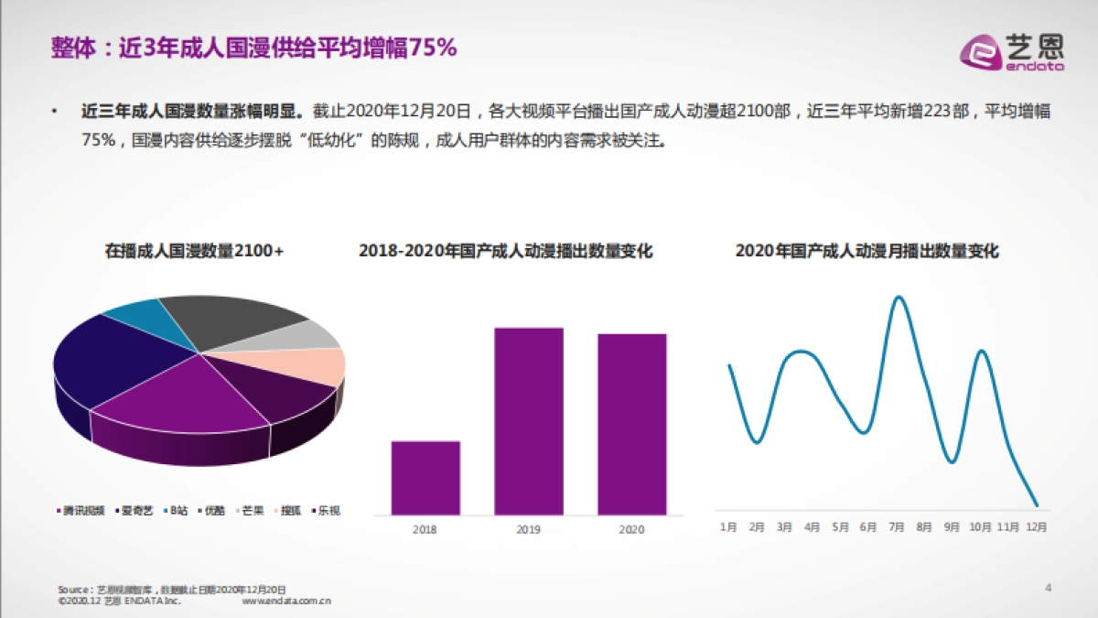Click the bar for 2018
point(425,478)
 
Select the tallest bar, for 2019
point(529,421)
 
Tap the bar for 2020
point(632,424)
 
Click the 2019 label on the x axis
point(529,529)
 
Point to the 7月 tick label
point(896,527)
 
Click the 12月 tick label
point(1036,527)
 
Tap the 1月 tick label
point(728,527)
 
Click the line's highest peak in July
point(899,298)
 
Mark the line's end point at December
point(1036,504)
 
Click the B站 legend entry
point(177,511)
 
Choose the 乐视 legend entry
point(326,511)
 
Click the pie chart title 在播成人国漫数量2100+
point(194,250)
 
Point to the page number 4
point(1049,588)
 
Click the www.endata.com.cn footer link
point(286,602)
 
